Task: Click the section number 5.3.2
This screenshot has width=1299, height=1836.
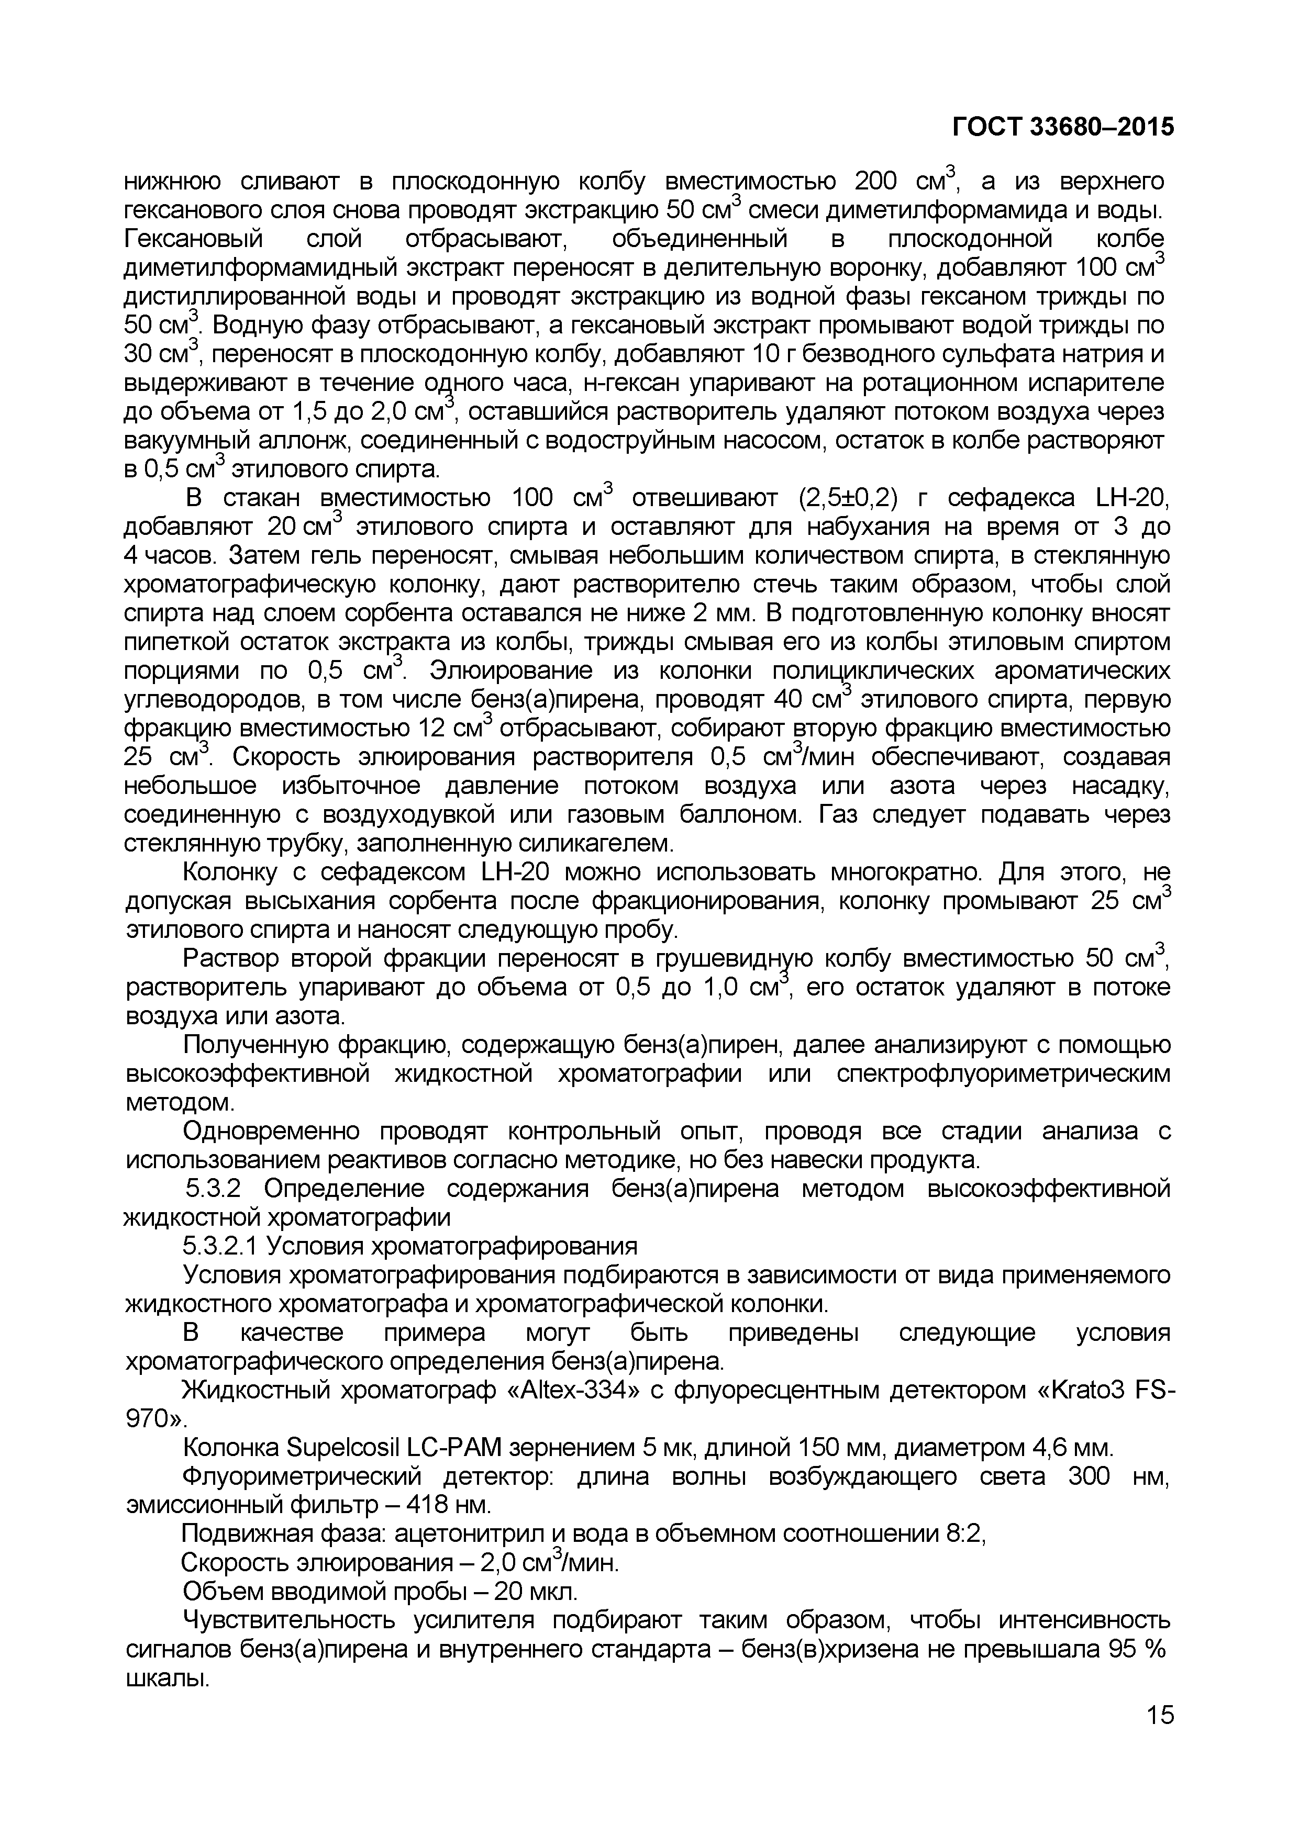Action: [x=213, y=1189]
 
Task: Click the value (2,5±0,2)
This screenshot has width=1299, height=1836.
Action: [x=849, y=498]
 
